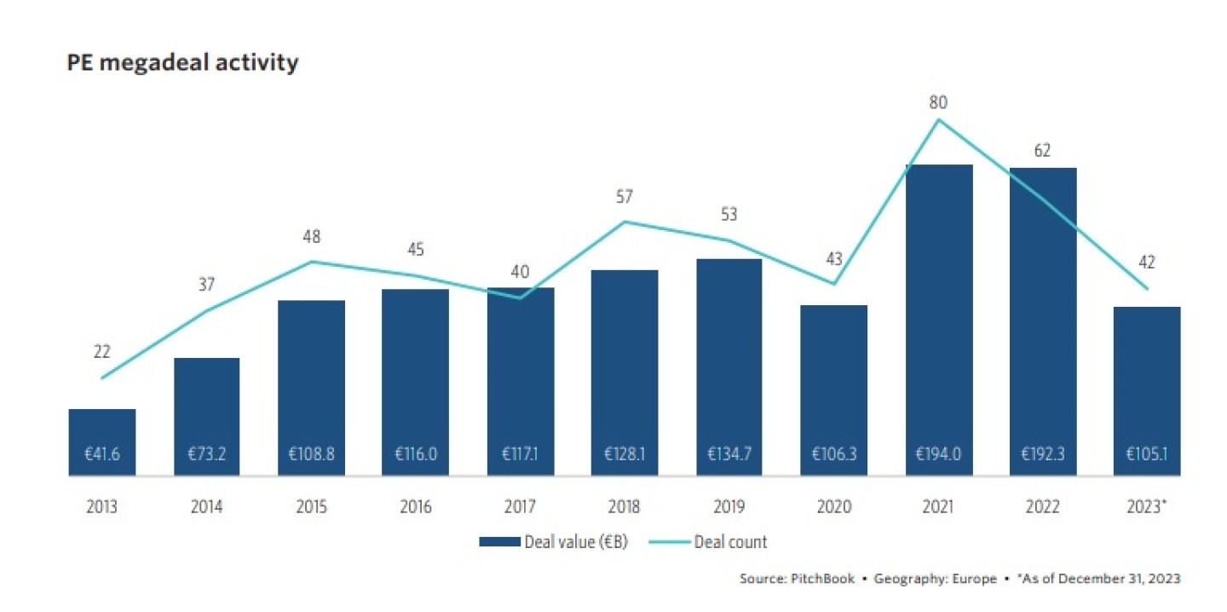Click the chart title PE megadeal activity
pyautogui.click(x=182, y=63)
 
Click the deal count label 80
pyautogui.click(x=939, y=103)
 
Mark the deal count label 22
pyautogui.click(x=102, y=351)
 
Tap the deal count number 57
pyautogui.click(x=625, y=197)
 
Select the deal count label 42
pyautogui.click(x=1147, y=263)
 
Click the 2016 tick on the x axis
pyautogui.click(x=416, y=507)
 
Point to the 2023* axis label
pyautogui.click(x=1148, y=507)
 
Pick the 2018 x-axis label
pyautogui.click(x=625, y=507)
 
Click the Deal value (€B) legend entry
pyautogui.click(x=554, y=542)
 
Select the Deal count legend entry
pyautogui.click(x=707, y=542)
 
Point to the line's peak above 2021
pyautogui.click(x=939, y=120)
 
